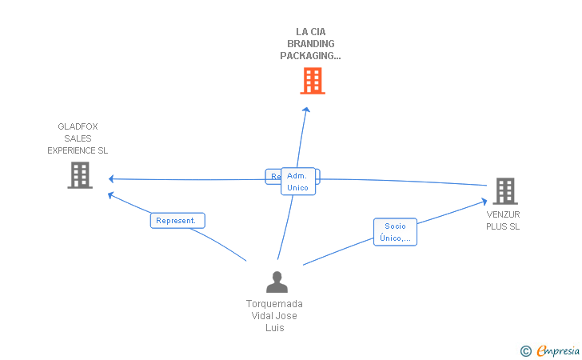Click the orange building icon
coord(313,81)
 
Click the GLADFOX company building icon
coord(79,175)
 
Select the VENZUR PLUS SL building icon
coord(504,191)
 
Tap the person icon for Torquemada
coord(277,282)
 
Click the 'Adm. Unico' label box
coord(297,182)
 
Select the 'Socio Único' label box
coord(395,232)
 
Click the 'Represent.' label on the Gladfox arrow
coord(177,221)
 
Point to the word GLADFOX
coord(78,126)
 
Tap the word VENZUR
coord(504,214)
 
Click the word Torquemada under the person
coord(274,304)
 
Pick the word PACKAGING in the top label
coord(309,56)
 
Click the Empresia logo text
coord(559,350)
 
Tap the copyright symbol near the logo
coord(526,350)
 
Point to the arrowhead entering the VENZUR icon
coord(484,201)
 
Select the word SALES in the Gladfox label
coord(78,138)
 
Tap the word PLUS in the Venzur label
coord(496,226)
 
